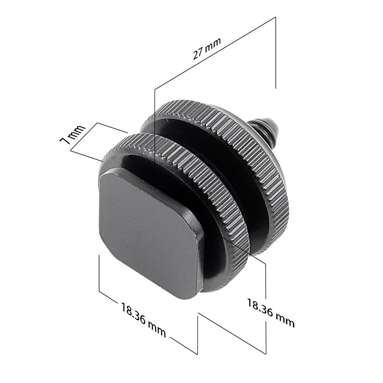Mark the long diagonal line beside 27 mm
pos(214,54)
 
